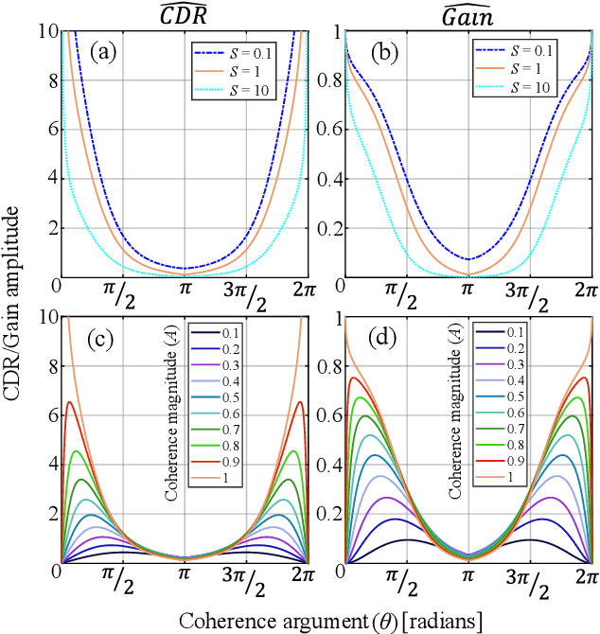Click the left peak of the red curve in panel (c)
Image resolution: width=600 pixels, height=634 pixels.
(68, 402)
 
